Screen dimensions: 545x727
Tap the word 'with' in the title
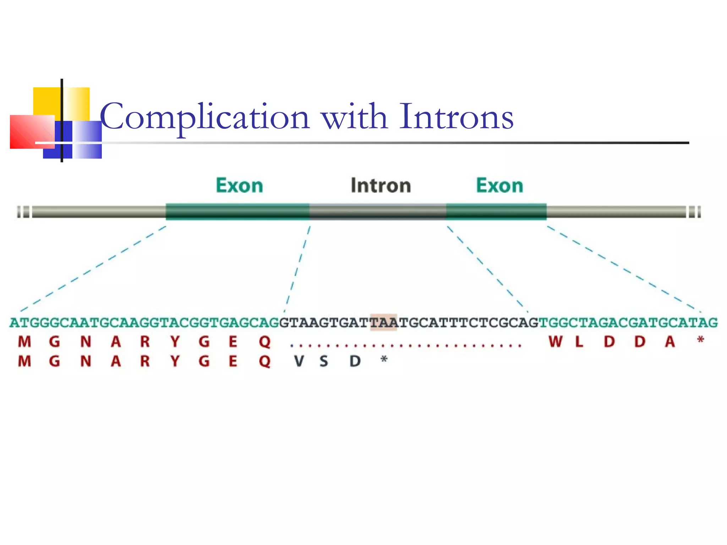(354, 116)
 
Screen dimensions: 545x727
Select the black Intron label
(381, 186)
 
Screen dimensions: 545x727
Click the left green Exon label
(240, 186)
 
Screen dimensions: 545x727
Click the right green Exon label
(499, 186)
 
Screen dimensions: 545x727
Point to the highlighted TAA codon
(383, 323)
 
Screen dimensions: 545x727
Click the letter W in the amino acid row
(555, 342)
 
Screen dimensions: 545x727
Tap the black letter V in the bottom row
(299, 361)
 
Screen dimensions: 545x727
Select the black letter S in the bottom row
(324, 361)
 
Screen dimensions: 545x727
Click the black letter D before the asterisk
(355, 361)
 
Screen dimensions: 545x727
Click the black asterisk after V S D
(384, 360)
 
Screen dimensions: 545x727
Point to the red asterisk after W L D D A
(700, 340)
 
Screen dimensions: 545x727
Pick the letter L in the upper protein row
(579, 342)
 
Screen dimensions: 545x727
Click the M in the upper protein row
(24, 342)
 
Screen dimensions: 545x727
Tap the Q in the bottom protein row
(265, 361)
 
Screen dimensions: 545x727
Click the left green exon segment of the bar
(237, 212)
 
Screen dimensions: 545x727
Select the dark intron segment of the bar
(377, 212)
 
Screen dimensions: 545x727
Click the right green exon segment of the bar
(496, 212)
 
